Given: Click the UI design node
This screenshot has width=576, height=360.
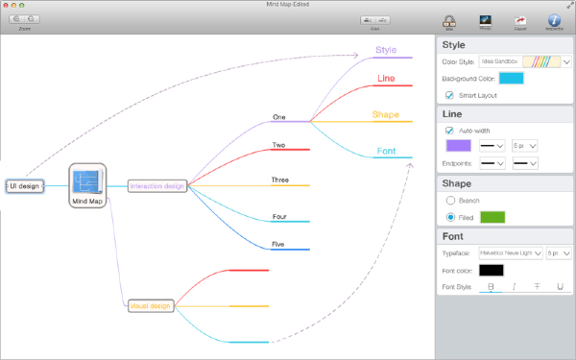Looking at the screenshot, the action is (x=24, y=186).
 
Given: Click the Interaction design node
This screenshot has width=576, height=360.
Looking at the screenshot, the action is (x=156, y=186).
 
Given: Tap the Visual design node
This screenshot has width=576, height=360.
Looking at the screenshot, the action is (x=150, y=306).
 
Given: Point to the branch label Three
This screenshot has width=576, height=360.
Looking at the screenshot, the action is (x=279, y=180).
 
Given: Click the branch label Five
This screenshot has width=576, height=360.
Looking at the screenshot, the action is (x=278, y=245).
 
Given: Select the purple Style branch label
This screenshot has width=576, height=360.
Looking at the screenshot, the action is (x=386, y=50).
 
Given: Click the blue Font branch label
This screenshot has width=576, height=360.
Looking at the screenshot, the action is (x=386, y=152).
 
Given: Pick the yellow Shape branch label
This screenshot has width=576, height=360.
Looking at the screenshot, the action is (x=386, y=115).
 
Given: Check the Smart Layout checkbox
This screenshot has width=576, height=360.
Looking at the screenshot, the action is (x=449, y=96).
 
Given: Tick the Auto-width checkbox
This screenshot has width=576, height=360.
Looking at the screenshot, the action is (x=449, y=131).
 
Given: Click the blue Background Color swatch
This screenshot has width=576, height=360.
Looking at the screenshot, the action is (x=511, y=79).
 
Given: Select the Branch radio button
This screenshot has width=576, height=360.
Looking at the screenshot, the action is (x=449, y=201).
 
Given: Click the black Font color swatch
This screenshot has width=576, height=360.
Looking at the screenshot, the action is (x=492, y=271).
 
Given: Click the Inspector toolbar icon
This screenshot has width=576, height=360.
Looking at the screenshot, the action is (x=554, y=21).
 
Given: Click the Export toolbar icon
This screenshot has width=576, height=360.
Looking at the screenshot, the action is (x=520, y=21).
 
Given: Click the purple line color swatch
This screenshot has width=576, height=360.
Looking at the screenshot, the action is (x=459, y=146).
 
